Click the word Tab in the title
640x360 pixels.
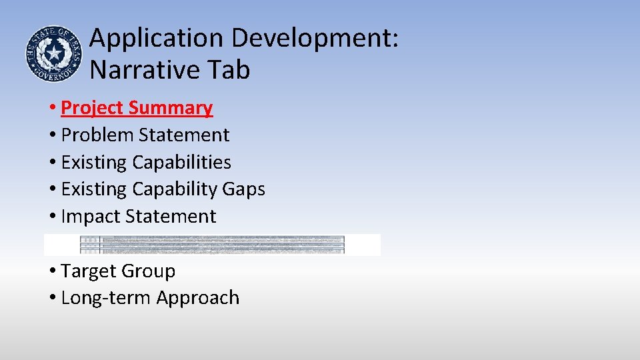pyautogui.click(x=227, y=69)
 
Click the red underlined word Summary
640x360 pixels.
pyautogui.click(x=171, y=108)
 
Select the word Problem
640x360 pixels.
pyautogui.click(x=97, y=135)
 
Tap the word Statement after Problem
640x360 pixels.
pyautogui.click(x=184, y=135)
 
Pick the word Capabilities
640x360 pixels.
pyautogui.click(x=182, y=162)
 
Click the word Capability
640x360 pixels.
pyautogui.click(x=175, y=189)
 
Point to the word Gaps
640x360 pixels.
pyautogui.click(x=244, y=189)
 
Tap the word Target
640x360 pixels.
pyautogui.click(x=90, y=271)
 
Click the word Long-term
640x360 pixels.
pyautogui.click(x=105, y=298)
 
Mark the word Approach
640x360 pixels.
pyautogui.click(x=197, y=298)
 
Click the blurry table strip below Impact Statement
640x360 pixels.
pyautogui.click(x=212, y=245)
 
